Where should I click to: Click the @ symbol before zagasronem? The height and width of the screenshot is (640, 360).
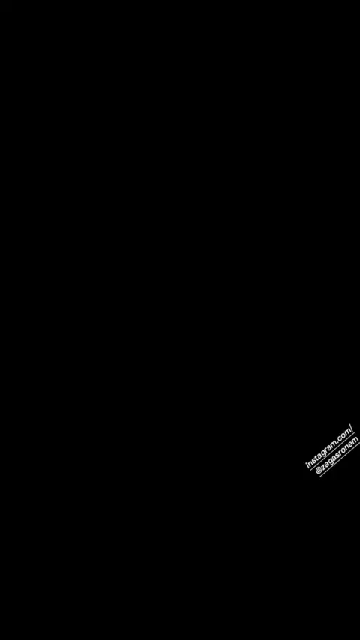point(319,470)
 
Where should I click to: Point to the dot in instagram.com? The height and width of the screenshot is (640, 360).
point(337,444)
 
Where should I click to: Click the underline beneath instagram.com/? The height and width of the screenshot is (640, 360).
point(332,451)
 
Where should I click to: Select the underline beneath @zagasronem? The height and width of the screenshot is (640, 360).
point(340,459)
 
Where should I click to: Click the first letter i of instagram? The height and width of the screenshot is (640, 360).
point(307,465)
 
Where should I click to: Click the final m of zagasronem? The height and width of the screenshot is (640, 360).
point(356,441)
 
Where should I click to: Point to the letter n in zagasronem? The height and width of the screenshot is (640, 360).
point(346,449)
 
